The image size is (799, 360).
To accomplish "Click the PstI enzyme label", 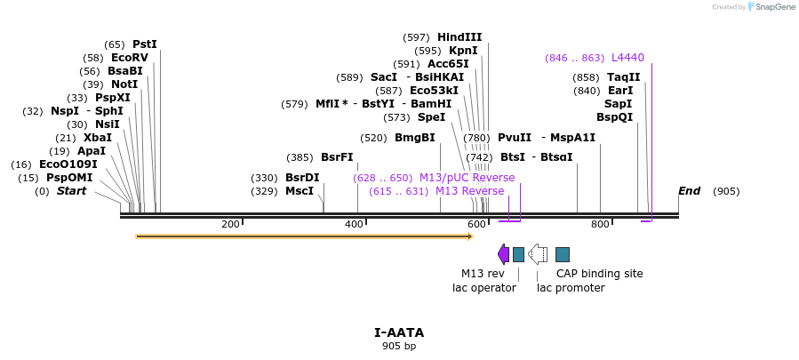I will pos(144,44).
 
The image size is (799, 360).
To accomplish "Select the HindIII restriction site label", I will pos(459,37).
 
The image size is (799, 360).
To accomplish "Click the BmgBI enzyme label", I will pos(415,138).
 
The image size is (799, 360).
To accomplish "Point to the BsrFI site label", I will pos(337,157).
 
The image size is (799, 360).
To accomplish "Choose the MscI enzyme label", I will pos(300,191).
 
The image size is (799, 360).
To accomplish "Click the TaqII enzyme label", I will pos(624,77).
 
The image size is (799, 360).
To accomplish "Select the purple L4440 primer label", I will pos(627,58).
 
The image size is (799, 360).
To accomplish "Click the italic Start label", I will pos(72,191).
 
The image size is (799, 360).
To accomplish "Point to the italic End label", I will pos(689,191).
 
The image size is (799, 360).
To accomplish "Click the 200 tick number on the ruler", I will pos(230,224).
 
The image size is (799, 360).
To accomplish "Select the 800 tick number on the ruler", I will pos(600,224).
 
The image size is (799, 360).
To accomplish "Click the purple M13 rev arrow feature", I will pos(503,254).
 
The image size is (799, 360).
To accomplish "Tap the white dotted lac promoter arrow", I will pos(538,254).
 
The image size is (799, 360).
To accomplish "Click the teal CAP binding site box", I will pos(563,254).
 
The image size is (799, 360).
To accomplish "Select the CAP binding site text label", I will pos(599,274).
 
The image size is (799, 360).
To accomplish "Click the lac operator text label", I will pos(484,288).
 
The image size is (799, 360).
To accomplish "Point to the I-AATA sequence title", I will pos(399,332).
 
